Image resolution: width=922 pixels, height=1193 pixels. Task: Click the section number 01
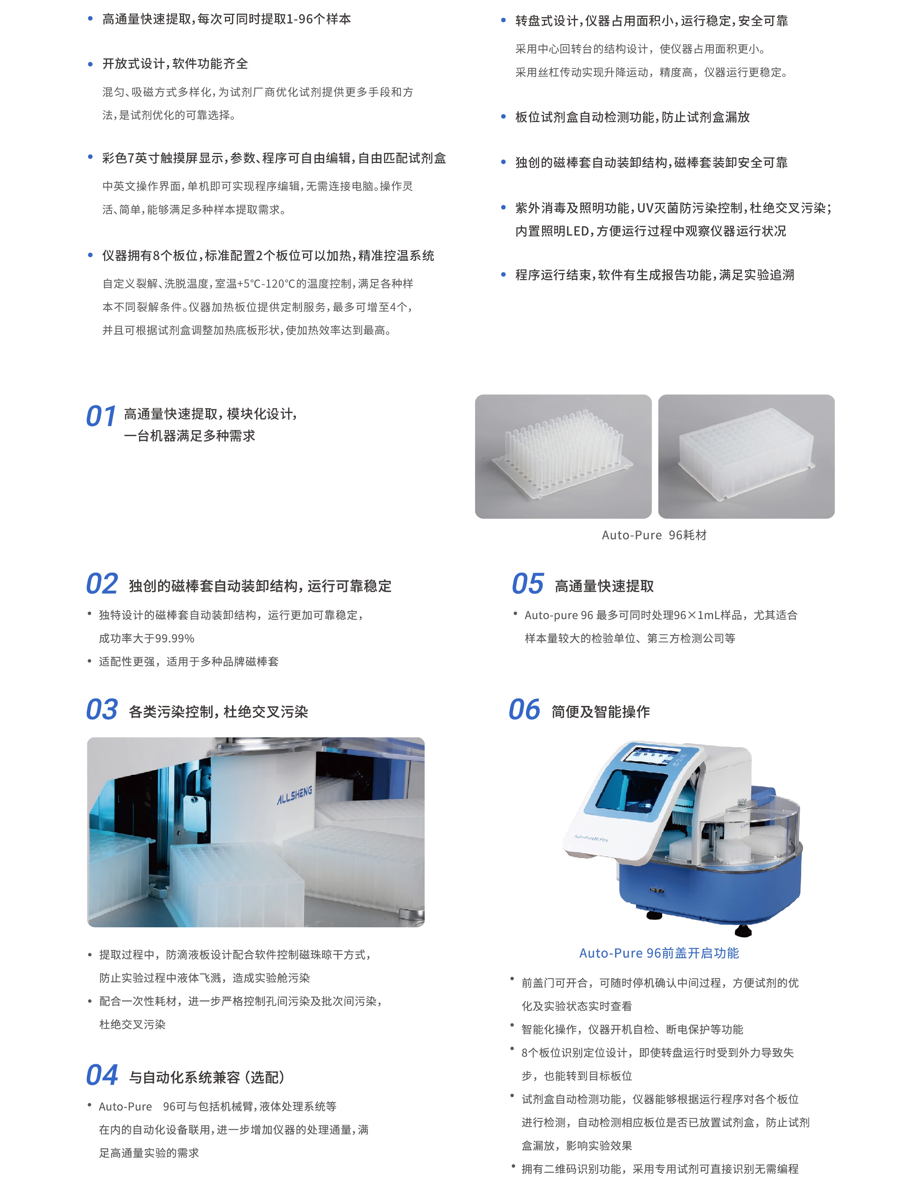point(101,416)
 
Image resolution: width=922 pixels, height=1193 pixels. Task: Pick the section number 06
point(524,710)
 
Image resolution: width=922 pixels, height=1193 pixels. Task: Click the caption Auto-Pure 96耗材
point(654,535)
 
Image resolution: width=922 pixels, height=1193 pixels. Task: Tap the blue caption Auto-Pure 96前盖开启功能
point(659,953)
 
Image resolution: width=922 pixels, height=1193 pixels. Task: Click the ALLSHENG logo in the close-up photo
point(295,795)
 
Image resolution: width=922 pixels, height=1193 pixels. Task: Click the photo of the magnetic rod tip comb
point(563,456)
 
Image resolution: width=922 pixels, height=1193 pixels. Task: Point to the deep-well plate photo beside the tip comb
point(746,456)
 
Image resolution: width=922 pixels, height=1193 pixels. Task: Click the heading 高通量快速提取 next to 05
point(604,586)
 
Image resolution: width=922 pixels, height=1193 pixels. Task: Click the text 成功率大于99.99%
point(146,639)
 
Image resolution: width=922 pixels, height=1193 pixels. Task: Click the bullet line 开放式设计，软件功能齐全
point(175,64)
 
